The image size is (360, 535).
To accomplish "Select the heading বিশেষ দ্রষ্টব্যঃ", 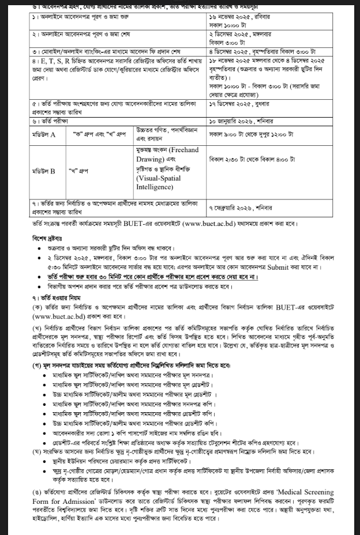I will tap(47, 238).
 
